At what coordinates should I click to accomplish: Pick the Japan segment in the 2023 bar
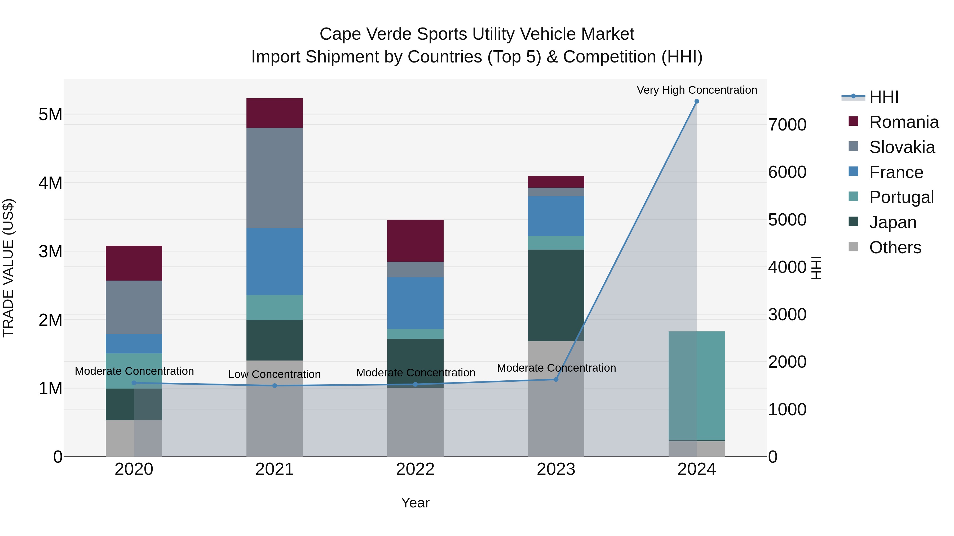pos(556,295)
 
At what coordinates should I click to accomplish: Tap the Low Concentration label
pos(275,374)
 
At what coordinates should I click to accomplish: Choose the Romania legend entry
pos(904,122)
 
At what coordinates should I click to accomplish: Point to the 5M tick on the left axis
pos(50,114)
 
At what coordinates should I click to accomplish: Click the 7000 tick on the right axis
pos(787,125)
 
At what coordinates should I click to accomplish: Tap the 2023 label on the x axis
pos(556,469)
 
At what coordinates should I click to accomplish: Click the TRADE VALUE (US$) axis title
pos(8,268)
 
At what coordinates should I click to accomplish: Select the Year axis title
pos(415,503)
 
